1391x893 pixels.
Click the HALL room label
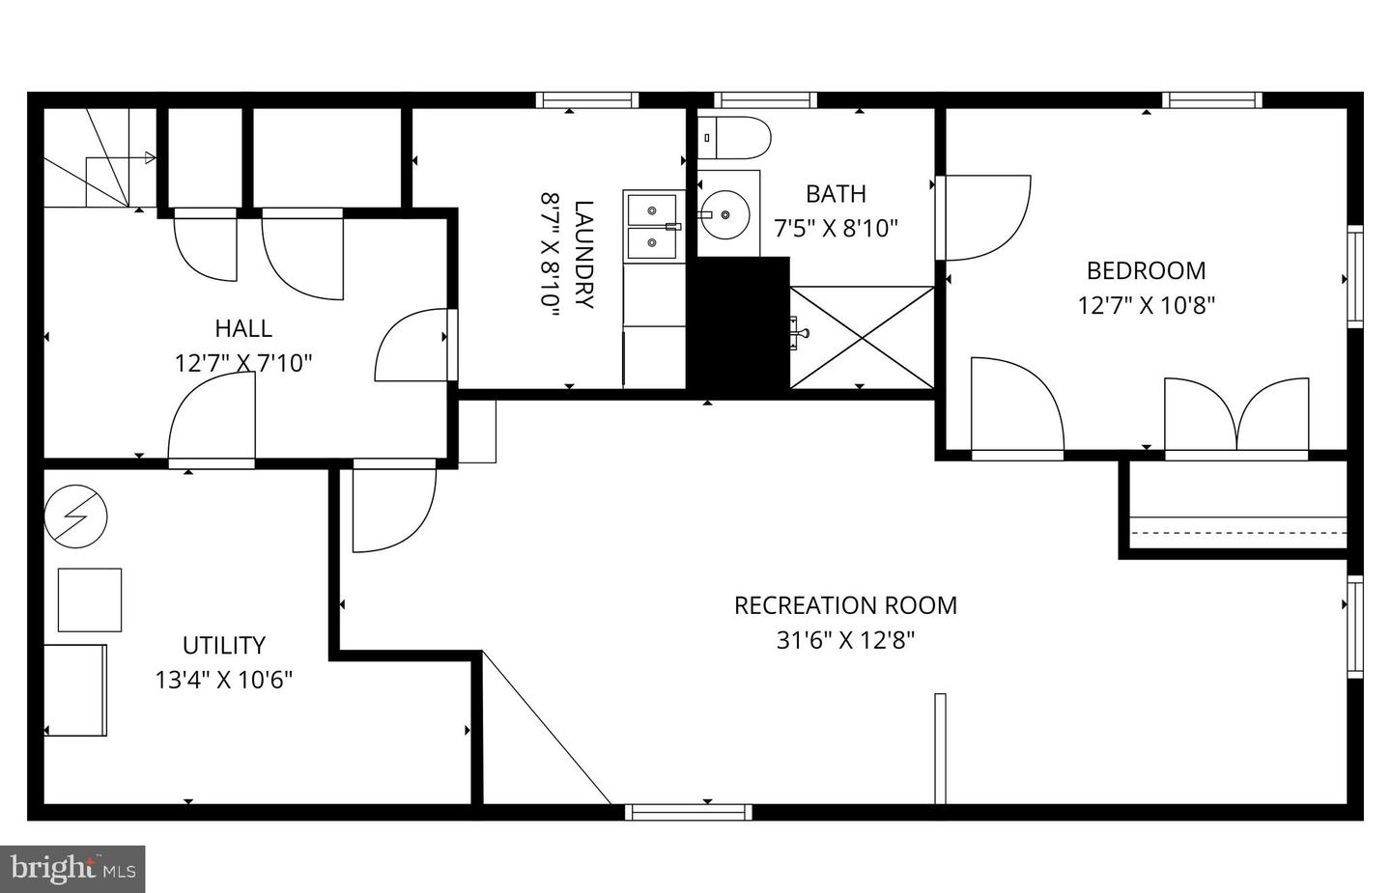point(243,328)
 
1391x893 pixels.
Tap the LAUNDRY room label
point(583,254)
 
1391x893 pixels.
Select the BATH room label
point(836,194)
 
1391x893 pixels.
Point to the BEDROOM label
point(1146,270)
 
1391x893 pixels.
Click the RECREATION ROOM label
point(845,605)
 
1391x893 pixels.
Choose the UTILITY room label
point(223,645)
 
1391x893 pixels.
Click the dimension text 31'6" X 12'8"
point(845,640)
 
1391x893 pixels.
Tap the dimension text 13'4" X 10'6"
point(223,680)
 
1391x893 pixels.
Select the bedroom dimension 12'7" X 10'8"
point(1146,306)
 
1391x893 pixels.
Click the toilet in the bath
point(733,138)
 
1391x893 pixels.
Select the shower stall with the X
point(862,337)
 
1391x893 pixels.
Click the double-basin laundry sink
point(653,226)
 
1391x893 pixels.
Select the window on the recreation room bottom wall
point(688,812)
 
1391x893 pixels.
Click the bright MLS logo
point(72,869)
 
